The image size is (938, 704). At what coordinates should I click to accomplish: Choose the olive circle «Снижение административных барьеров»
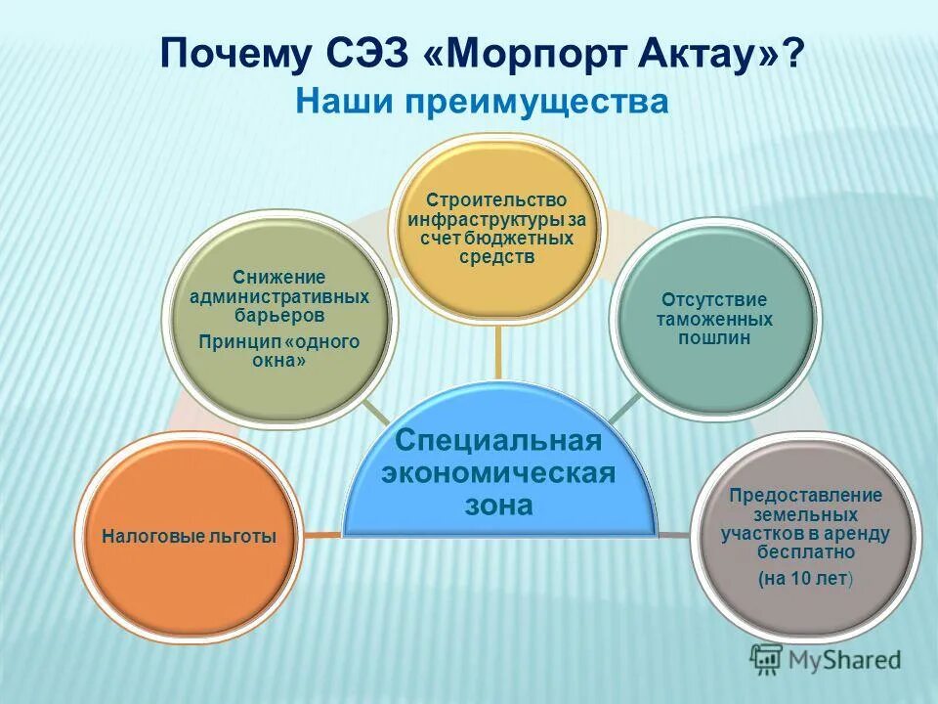(x=279, y=323)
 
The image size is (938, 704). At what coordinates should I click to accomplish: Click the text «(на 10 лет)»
(x=806, y=579)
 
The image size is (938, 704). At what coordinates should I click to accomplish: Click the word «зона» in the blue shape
(x=498, y=506)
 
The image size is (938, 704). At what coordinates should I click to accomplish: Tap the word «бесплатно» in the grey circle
(x=806, y=551)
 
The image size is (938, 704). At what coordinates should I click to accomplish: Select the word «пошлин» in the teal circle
(x=712, y=337)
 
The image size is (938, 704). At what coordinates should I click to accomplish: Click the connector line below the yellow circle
(x=498, y=352)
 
